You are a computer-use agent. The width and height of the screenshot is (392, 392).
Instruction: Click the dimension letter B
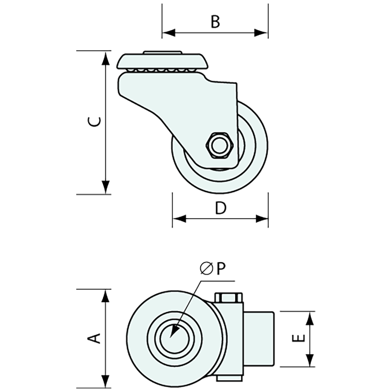[x=215, y=21]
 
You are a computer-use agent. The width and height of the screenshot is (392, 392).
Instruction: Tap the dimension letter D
[x=221, y=208]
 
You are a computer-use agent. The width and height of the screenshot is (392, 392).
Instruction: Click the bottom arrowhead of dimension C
[x=105, y=187]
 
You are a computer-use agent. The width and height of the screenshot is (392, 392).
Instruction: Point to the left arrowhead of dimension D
[x=179, y=219]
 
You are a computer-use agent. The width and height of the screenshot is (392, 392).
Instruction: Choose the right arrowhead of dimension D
[x=262, y=219]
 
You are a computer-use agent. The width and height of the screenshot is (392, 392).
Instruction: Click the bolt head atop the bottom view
[x=229, y=297]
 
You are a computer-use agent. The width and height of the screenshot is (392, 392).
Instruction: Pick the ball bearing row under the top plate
[x=163, y=71]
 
